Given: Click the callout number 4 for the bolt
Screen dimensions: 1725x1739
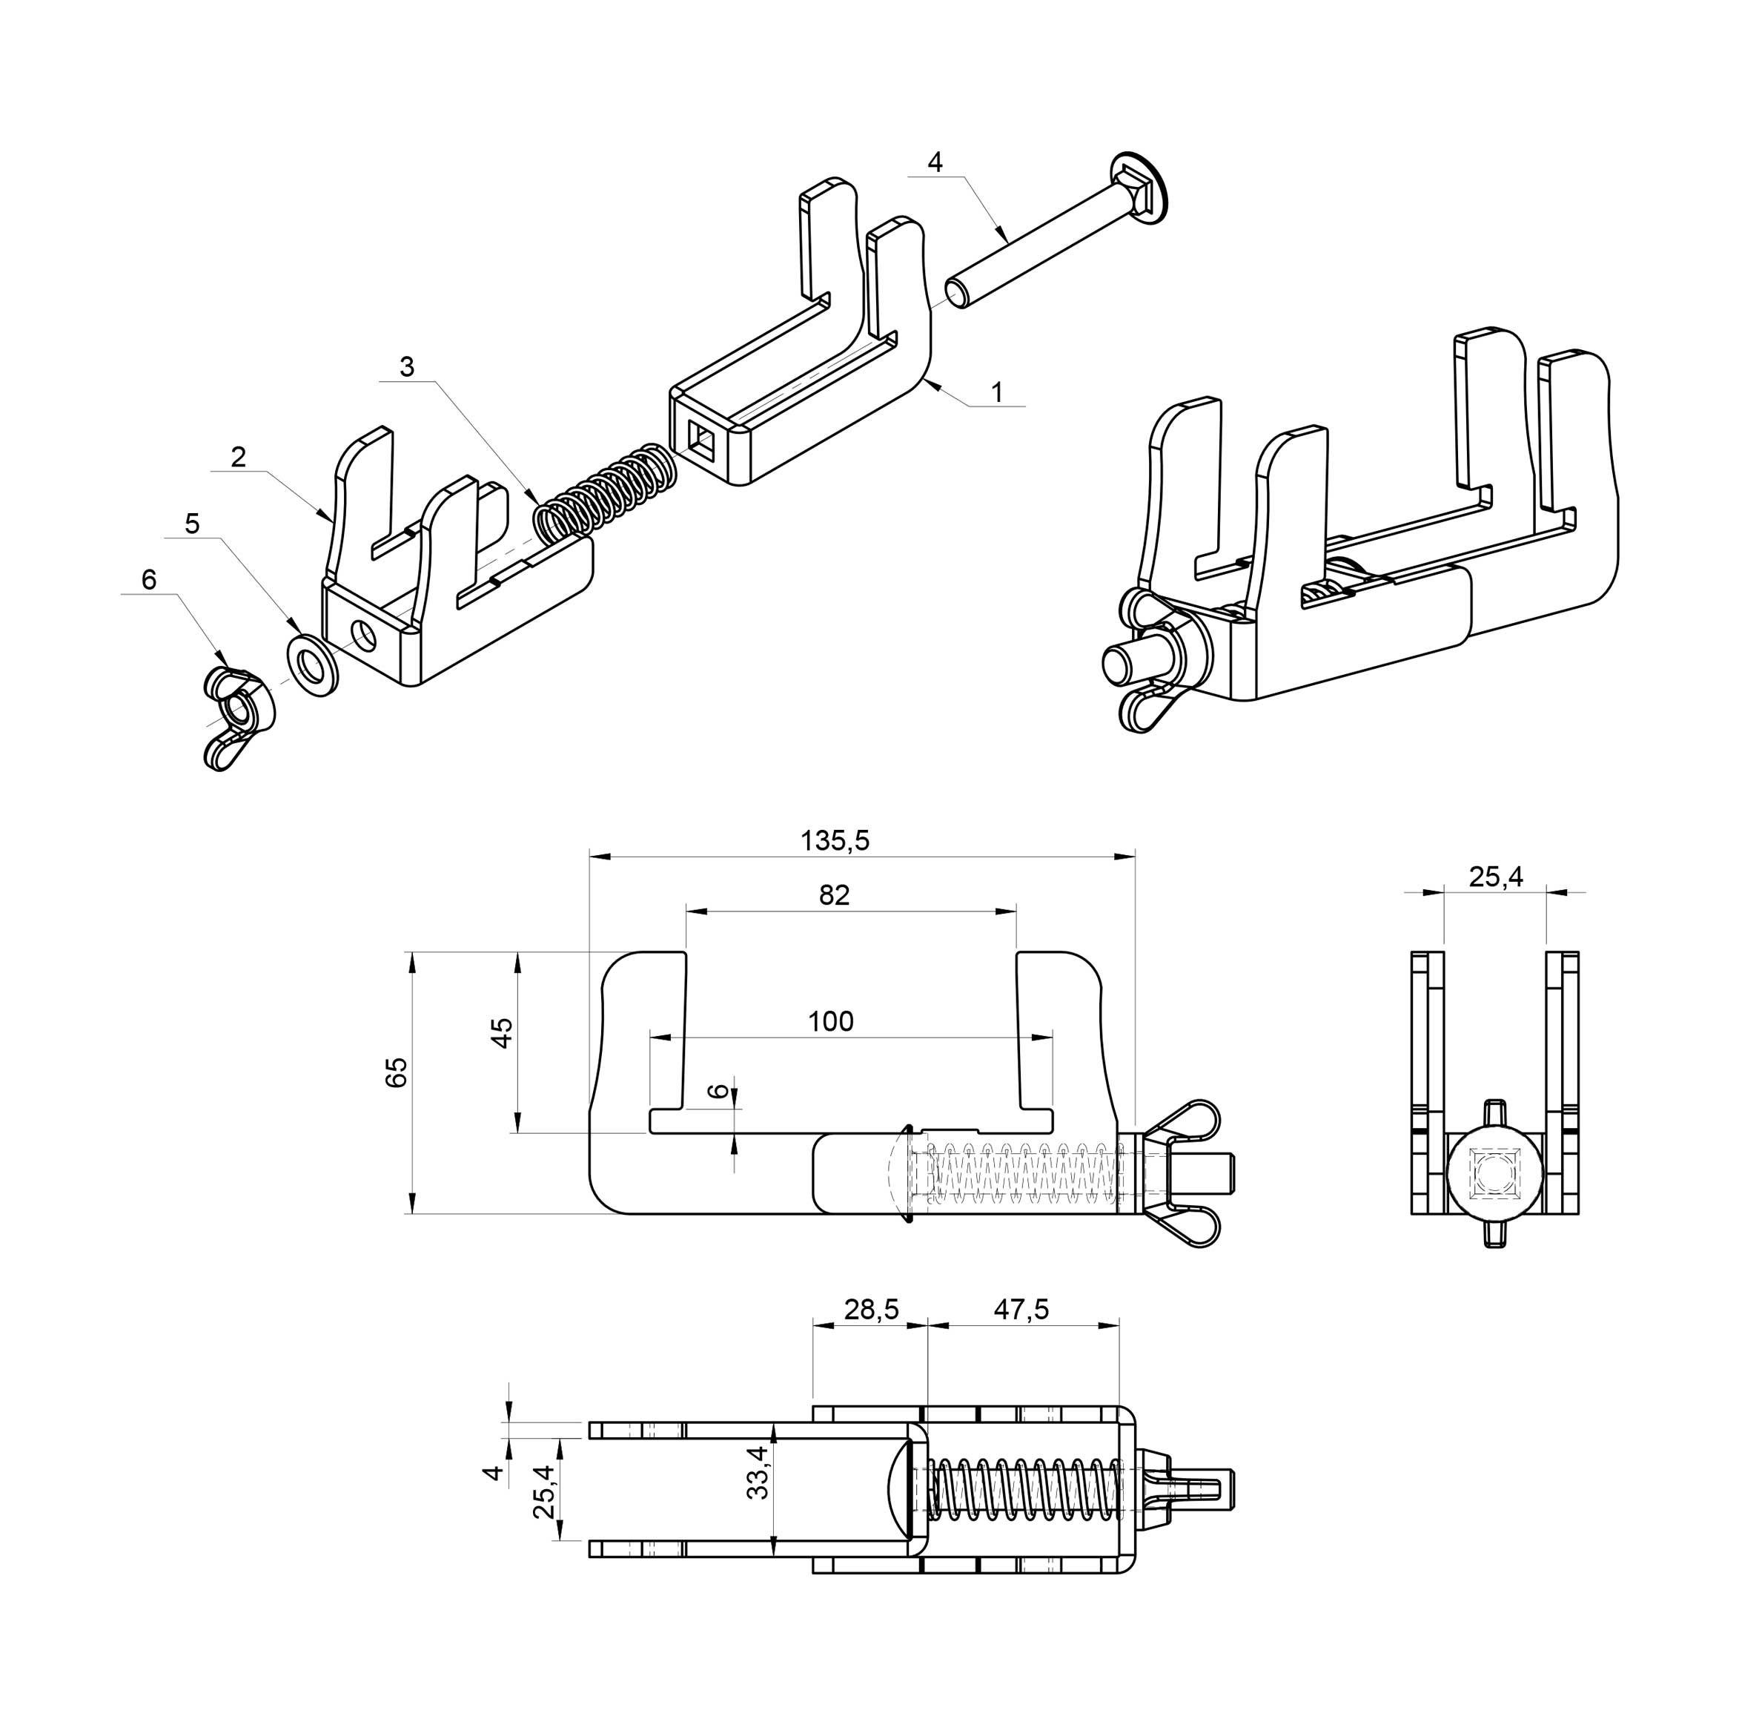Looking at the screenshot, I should pyautogui.click(x=935, y=163).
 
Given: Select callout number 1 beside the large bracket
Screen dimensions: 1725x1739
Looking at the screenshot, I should pyautogui.click(x=996, y=392).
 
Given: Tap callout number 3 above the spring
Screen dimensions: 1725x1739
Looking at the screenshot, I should pyautogui.click(x=407, y=367).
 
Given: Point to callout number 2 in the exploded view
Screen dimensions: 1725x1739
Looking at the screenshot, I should pyautogui.click(x=238, y=458).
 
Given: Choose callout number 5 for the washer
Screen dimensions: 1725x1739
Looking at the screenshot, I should pyautogui.click(x=192, y=524).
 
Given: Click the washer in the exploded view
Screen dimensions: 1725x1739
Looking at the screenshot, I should pyautogui.click(x=312, y=665).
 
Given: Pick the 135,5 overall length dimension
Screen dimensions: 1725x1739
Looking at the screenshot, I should pyautogui.click(x=835, y=841).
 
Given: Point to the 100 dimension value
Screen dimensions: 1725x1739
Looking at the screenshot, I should pyautogui.click(x=830, y=1021).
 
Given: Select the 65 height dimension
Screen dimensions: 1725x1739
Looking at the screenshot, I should pyautogui.click(x=396, y=1073).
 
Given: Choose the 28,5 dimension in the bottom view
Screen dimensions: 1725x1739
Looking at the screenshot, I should pyautogui.click(x=871, y=1309).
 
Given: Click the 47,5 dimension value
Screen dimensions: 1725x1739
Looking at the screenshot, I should pyautogui.click(x=1021, y=1309).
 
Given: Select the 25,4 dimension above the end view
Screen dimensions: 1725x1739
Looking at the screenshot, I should pyautogui.click(x=1496, y=877).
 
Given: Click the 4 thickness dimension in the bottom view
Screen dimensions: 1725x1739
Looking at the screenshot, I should pyautogui.click(x=492, y=1473).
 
